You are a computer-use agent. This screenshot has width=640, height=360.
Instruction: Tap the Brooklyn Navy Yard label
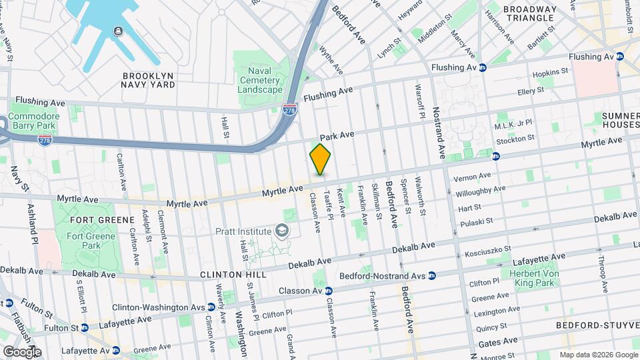click(148, 80)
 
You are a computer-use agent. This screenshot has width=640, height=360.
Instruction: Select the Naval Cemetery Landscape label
click(261, 80)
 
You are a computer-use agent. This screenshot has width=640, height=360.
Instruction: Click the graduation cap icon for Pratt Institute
click(283, 231)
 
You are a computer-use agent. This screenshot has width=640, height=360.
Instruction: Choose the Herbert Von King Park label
click(537, 278)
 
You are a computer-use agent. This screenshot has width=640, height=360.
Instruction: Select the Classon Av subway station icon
click(328, 291)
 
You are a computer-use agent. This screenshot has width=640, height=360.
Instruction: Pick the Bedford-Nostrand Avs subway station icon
click(432, 275)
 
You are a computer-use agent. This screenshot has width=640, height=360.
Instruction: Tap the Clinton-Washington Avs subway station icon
click(211, 307)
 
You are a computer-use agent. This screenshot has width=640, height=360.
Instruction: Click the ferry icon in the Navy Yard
click(118, 31)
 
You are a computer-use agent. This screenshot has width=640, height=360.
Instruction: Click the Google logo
click(22, 351)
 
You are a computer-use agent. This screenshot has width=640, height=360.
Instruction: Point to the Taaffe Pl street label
click(328, 203)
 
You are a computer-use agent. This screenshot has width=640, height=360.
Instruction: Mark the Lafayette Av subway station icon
click(116, 350)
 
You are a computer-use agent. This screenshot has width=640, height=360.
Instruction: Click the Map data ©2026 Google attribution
click(598, 355)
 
